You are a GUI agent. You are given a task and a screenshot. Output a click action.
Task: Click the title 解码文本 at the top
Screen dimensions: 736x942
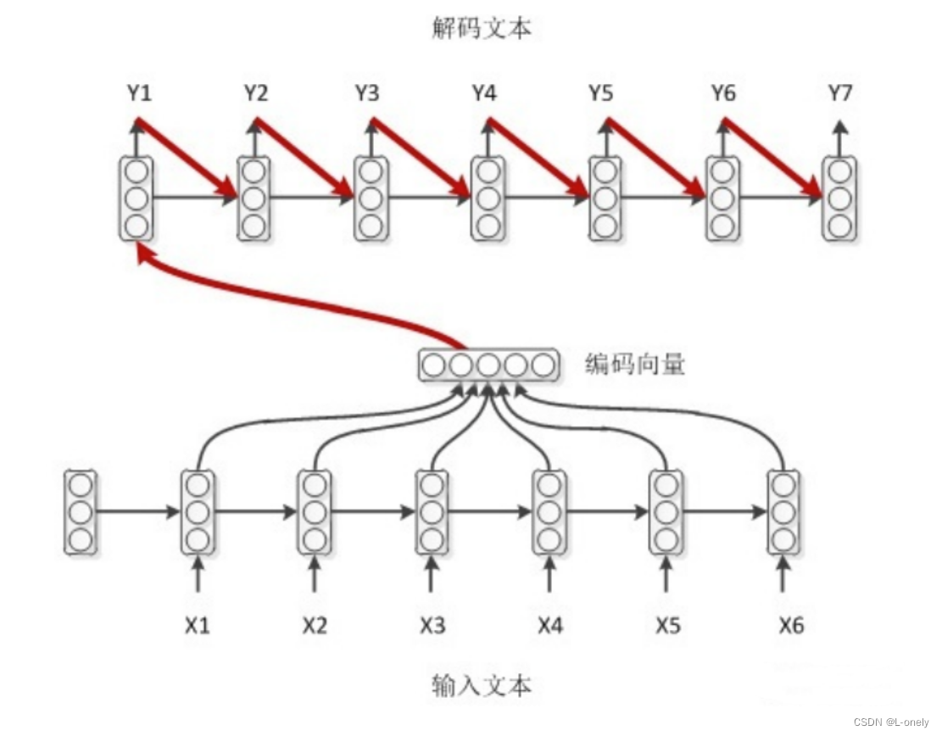click(x=482, y=29)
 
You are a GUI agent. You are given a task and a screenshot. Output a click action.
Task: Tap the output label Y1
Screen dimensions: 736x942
click(x=139, y=94)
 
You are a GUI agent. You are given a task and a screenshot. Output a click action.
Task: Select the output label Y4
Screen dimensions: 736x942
click(x=483, y=94)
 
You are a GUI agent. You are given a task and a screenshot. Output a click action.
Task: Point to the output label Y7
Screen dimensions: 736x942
click(x=839, y=94)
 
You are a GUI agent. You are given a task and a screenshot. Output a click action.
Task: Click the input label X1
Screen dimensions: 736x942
click(x=198, y=626)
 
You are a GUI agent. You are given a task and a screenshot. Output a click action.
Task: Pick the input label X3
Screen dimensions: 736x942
click(x=432, y=626)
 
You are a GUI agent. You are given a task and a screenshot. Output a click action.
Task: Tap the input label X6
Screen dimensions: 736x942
click(x=791, y=626)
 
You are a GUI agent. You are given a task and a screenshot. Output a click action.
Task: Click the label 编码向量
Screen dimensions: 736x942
click(x=635, y=365)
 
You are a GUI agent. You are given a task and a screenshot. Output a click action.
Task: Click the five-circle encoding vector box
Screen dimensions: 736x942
click(x=489, y=365)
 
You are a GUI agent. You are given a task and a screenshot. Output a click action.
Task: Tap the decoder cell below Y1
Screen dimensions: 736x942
click(x=137, y=198)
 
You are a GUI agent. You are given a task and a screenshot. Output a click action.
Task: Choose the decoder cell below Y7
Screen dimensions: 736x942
click(x=839, y=198)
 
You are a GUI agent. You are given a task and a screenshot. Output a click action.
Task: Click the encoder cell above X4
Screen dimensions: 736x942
click(x=549, y=512)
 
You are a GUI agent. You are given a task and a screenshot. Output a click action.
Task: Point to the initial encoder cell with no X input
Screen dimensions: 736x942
click(x=81, y=512)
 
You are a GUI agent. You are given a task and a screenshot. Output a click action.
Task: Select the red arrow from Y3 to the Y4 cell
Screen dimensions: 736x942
click(x=420, y=159)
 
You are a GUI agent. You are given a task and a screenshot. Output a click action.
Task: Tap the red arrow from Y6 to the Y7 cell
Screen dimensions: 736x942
click(x=772, y=159)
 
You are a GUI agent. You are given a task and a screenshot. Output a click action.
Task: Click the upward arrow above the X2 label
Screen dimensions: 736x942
click(x=315, y=574)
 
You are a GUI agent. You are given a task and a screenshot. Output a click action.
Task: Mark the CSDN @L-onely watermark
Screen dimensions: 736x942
click(x=891, y=722)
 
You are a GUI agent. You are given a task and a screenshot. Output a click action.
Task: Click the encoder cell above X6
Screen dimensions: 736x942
click(x=783, y=512)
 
